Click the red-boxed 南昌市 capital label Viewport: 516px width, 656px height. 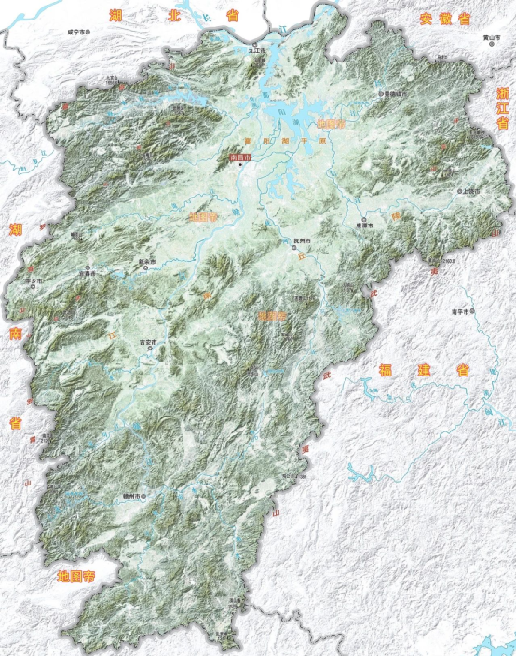(x=239, y=157)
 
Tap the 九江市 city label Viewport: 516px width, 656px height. (x=256, y=50)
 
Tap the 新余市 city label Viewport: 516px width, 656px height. (x=145, y=262)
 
